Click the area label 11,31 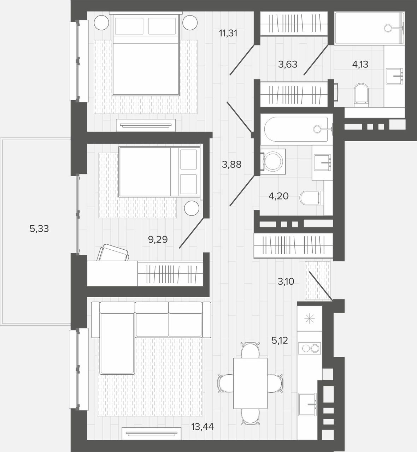pos(228,33)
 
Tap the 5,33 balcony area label pos(39,229)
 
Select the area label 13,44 pos(202,427)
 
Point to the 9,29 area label pos(158,239)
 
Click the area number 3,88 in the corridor pos(232,164)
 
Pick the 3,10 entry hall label pos(286,282)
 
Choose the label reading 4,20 pos(279,196)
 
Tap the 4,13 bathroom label pos(360,64)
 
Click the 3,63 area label pos(288,64)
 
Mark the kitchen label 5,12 pos(280,340)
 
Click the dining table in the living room pos(250,383)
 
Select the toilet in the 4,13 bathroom pos(362,95)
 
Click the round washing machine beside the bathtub pos(272,161)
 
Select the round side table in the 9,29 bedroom pos(192,208)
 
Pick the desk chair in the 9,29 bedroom pos(113,252)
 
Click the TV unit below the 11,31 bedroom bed pos(146,125)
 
